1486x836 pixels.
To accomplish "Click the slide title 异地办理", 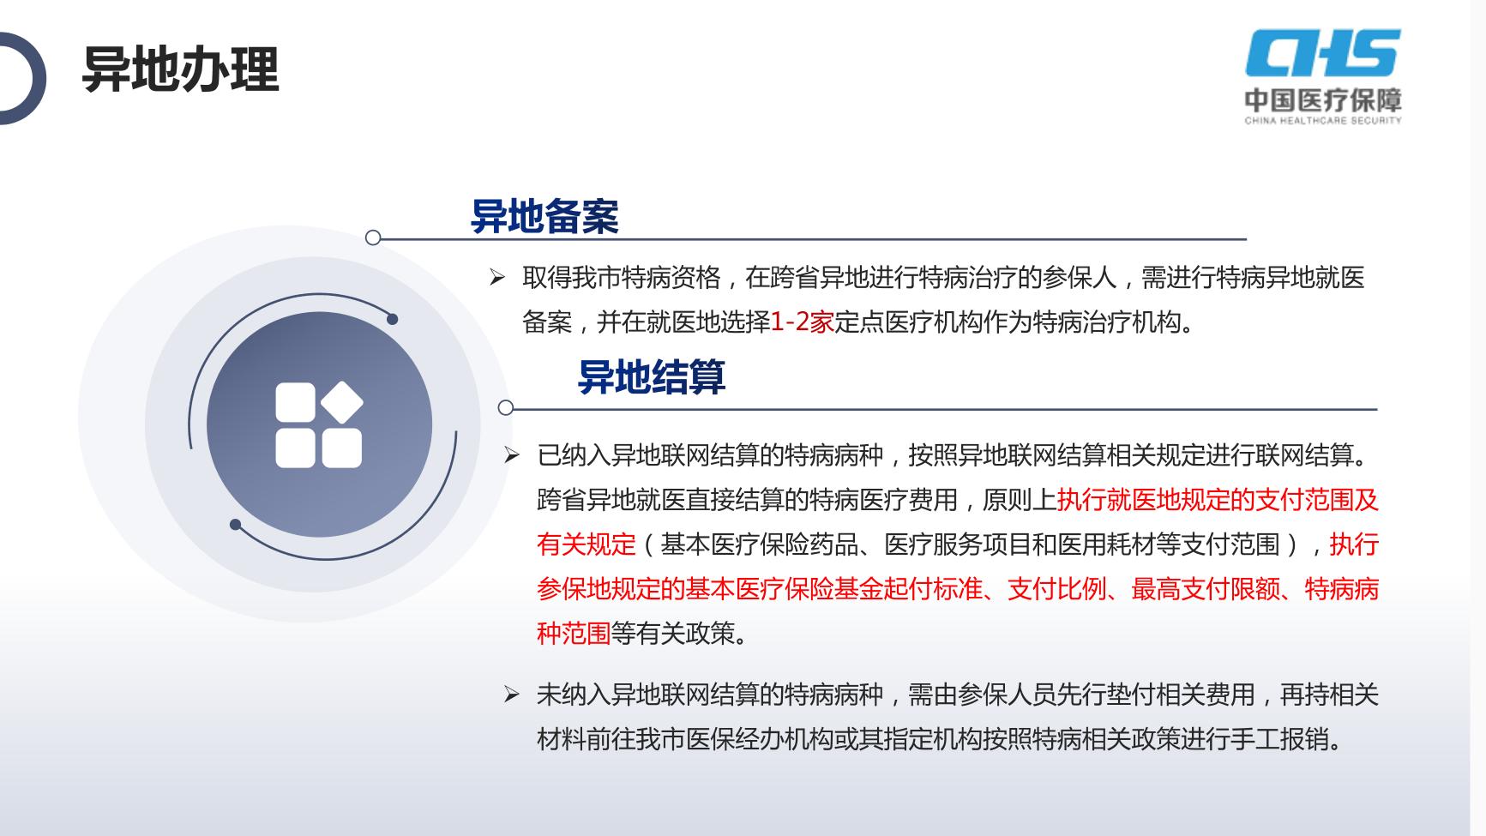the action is [180, 69].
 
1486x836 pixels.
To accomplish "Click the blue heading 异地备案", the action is [544, 216].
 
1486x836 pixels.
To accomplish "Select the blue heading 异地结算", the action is [652, 376].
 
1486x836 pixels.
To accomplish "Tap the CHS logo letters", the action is [1323, 52].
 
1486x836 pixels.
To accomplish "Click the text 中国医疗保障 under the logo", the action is [1323, 99].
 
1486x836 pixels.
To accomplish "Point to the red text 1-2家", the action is [803, 322].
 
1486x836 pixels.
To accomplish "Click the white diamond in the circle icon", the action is [340, 402].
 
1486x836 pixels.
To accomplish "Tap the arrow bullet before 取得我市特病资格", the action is [497, 277].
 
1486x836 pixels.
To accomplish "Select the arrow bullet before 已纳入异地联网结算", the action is [512, 455].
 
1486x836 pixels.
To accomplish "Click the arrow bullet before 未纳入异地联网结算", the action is [512, 695].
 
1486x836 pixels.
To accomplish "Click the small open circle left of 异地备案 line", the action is [373, 238].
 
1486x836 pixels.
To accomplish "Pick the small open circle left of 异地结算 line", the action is [506, 407].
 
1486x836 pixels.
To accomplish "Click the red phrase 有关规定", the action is [587, 544].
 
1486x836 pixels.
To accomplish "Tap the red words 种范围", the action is [574, 634].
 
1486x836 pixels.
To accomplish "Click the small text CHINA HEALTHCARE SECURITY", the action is [1323, 121].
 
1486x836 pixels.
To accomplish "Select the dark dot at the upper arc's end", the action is [393, 319].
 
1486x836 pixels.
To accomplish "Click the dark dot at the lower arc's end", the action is [236, 525].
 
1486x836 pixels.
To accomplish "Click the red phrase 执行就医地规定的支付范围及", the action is [1218, 500].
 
